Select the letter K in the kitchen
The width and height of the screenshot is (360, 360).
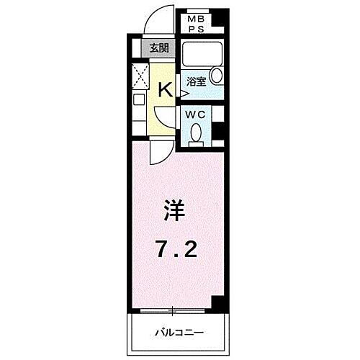point(164,89)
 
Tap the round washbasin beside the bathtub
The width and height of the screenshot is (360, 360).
point(217,78)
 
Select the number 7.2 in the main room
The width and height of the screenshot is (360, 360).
point(176,250)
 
